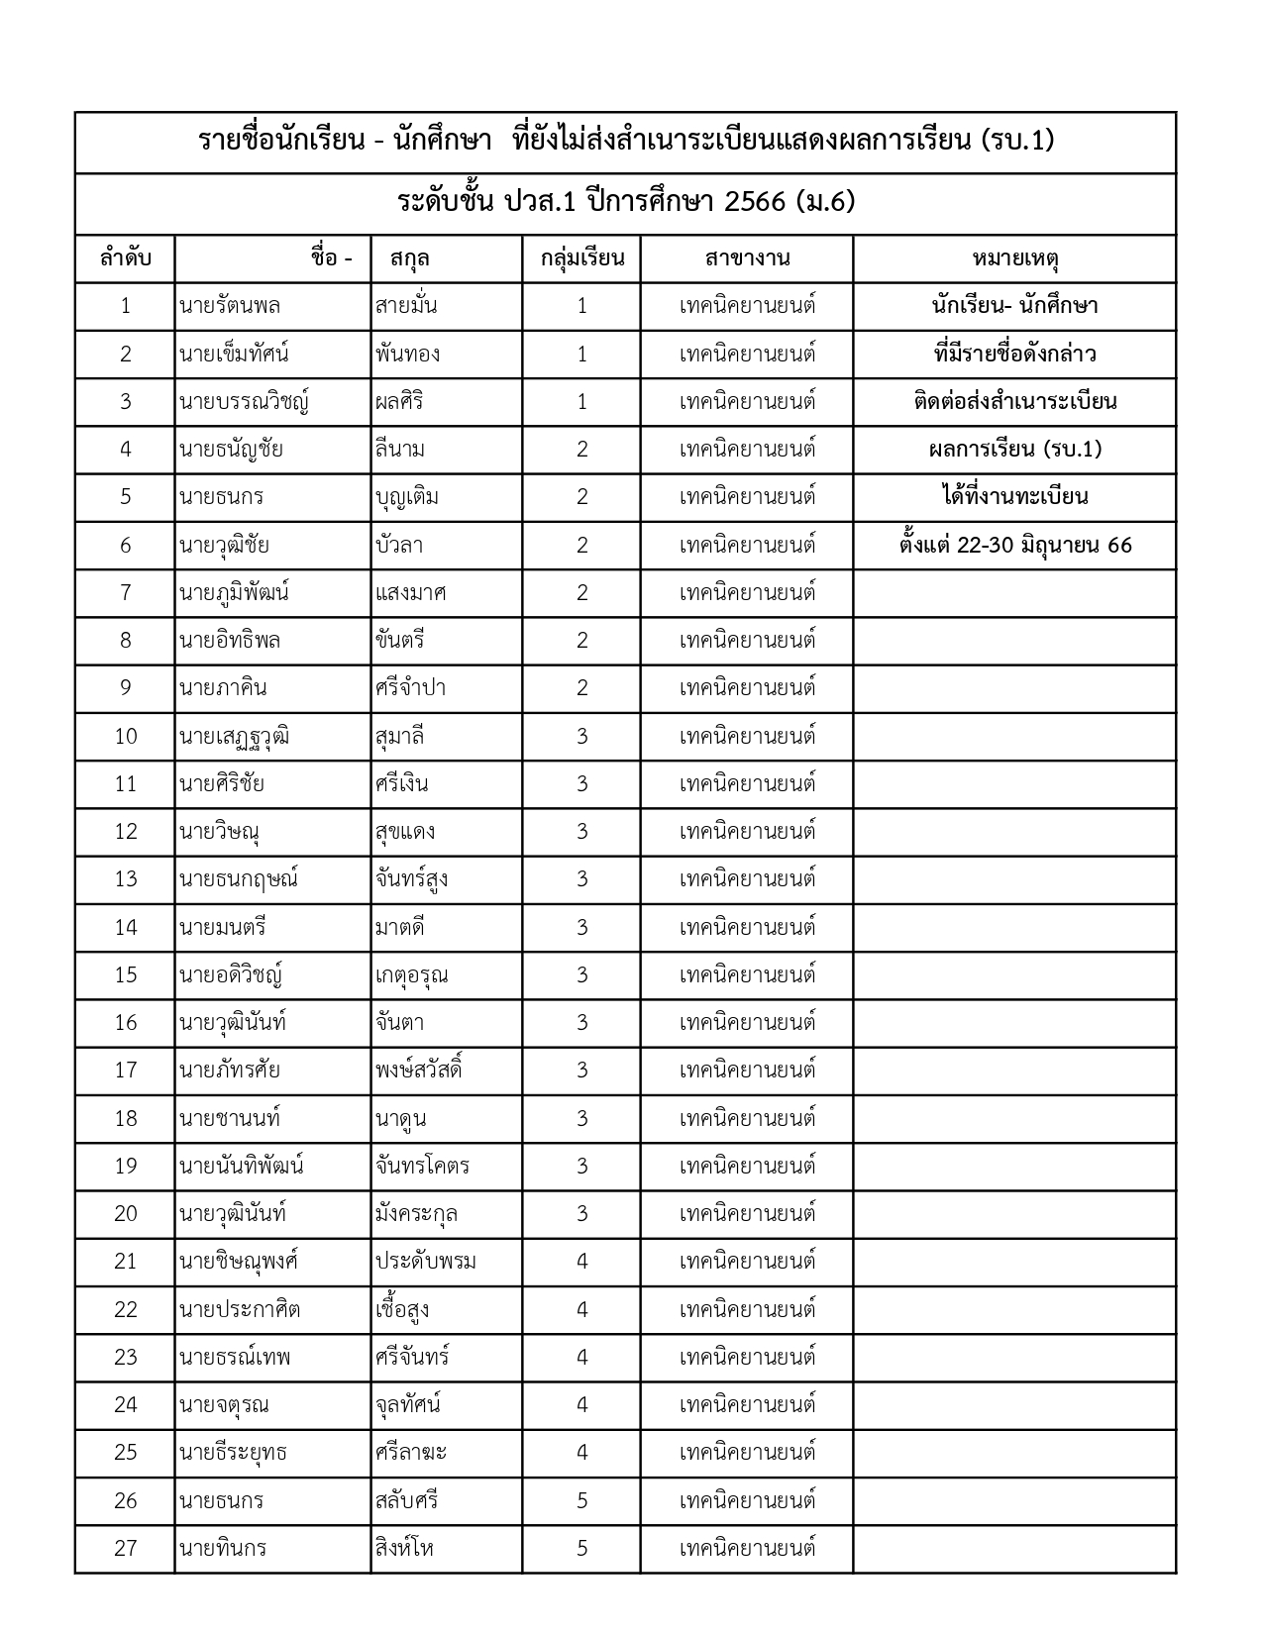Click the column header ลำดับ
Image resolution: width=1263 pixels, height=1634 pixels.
pyautogui.click(x=125, y=259)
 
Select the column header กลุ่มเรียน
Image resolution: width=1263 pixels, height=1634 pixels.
pyautogui.click(x=581, y=259)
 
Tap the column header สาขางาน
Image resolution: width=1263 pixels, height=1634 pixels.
pyautogui.click(x=747, y=259)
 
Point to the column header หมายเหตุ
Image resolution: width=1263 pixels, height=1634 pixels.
pyautogui.click(x=1015, y=259)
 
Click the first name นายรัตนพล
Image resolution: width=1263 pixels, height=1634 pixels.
pyautogui.click(x=230, y=306)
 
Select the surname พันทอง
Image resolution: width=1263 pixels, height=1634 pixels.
pyautogui.click(x=407, y=354)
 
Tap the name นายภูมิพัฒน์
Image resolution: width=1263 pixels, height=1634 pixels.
pyautogui.click(x=234, y=593)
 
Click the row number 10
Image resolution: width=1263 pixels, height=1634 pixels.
pyautogui.click(x=126, y=736)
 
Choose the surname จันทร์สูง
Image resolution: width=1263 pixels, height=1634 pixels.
pyautogui.click(x=411, y=879)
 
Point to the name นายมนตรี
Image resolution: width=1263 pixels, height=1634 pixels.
pyautogui.click(x=223, y=927)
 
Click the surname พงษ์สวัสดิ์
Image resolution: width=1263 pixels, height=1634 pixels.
pyautogui.click(x=419, y=1071)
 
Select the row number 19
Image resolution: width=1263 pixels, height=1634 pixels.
pyautogui.click(x=126, y=1166)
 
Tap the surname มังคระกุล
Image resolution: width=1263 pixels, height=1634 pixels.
pyautogui.click(x=416, y=1214)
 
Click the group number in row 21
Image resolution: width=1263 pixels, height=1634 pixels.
pyautogui.click(x=581, y=1262)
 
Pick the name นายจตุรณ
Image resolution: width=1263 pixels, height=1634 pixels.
pyautogui.click(x=224, y=1405)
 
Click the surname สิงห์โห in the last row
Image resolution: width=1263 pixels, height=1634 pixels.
pyautogui.click(x=404, y=1548)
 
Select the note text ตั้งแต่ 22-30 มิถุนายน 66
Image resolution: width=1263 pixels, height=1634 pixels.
pyautogui.click(x=1015, y=546)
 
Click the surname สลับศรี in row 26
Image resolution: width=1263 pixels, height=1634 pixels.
pyautogui.click(x=406, y=1500)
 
